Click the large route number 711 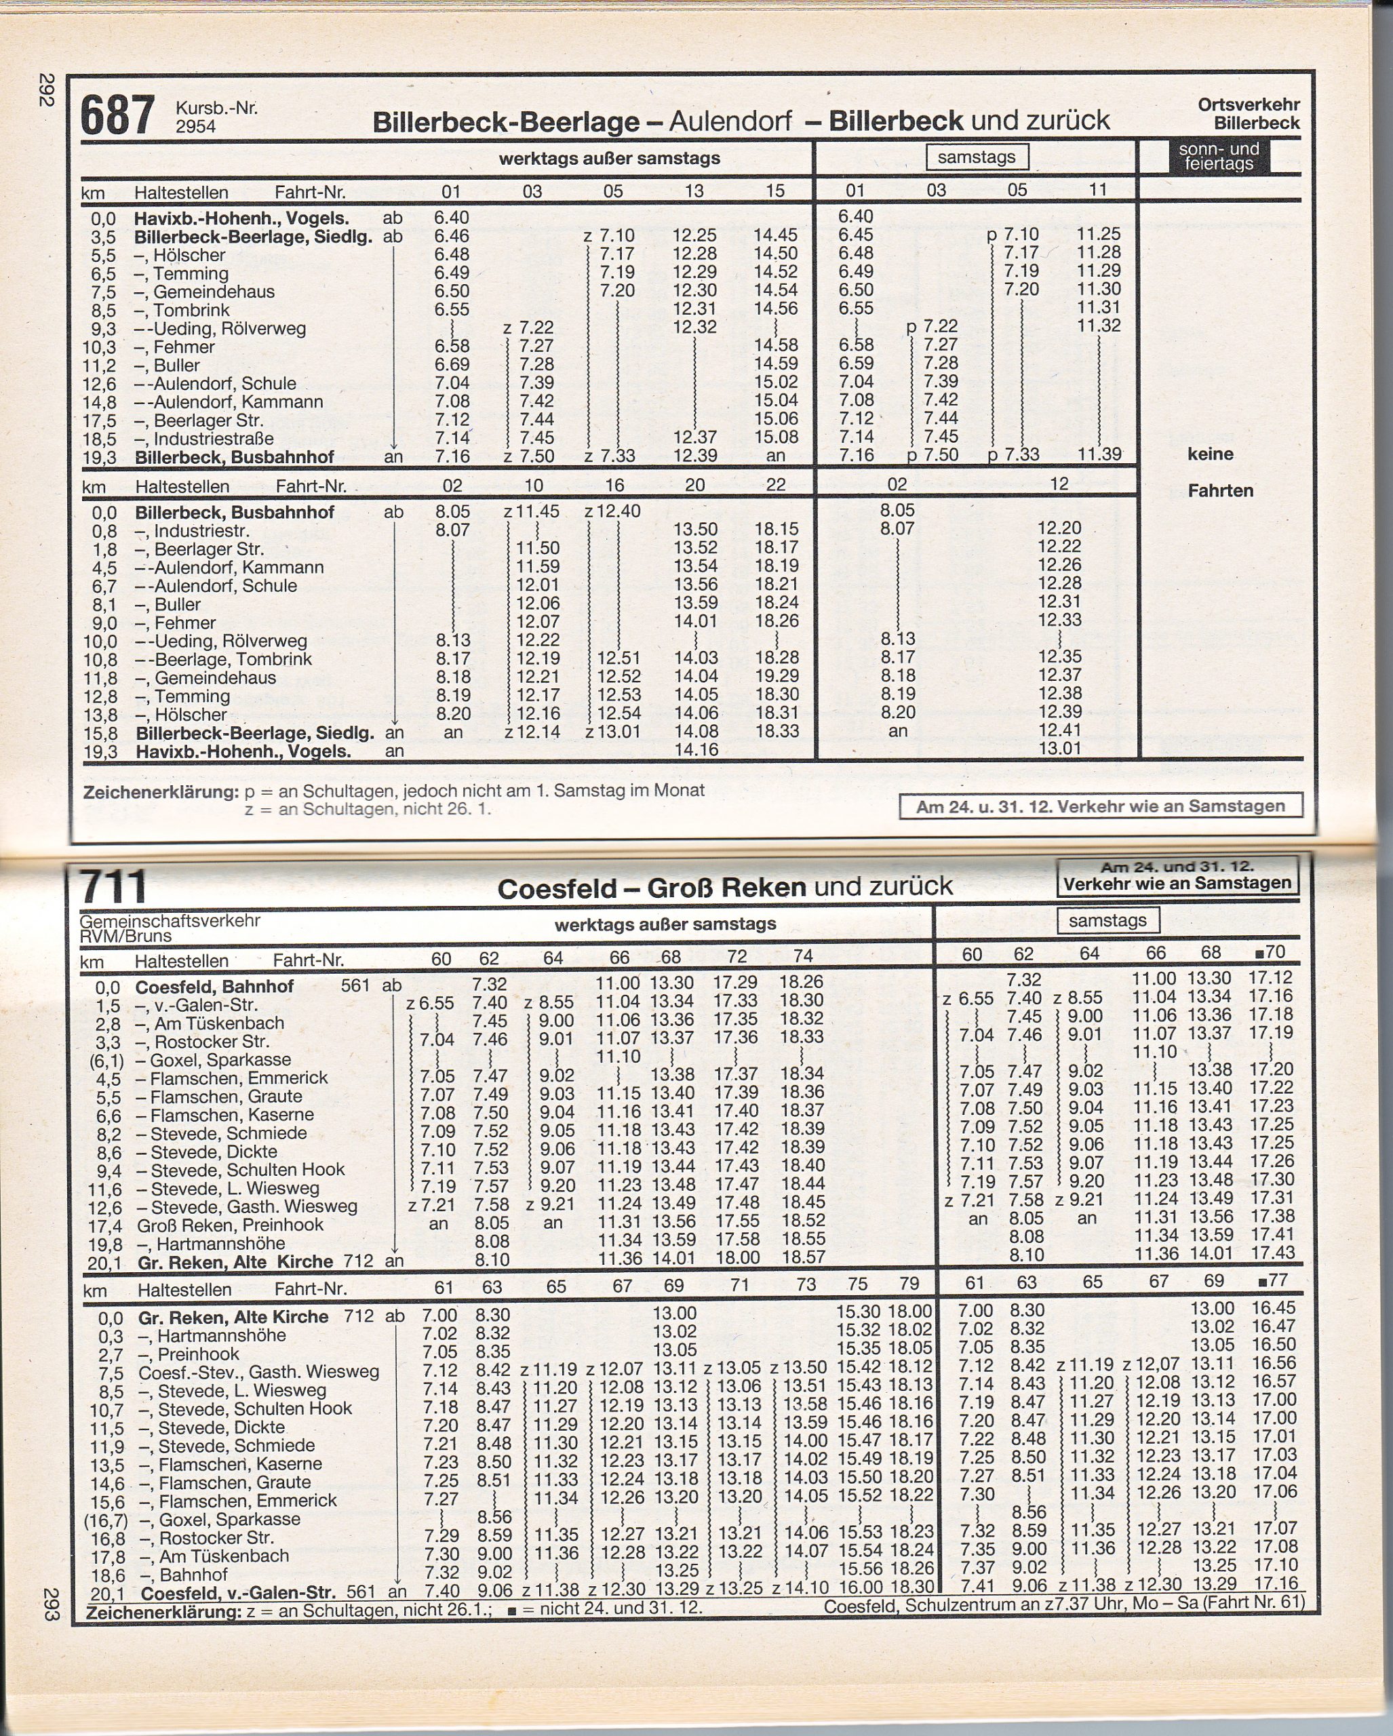[x=113, y=886]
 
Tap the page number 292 [x=46, y=90]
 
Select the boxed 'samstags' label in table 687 [x=976, y=157]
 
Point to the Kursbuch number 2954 [x=196, y=125]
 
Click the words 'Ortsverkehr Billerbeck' [x=1248, y=113]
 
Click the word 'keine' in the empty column [x=1210, y=454]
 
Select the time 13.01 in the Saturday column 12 [x=1059, y=748]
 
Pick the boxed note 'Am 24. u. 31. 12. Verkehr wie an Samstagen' [x=1100, y=806]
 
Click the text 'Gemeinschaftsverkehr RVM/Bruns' [x=170, y=928]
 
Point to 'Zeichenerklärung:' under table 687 [x=161, y=792]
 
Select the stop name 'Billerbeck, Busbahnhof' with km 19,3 [x=233, y=457]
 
